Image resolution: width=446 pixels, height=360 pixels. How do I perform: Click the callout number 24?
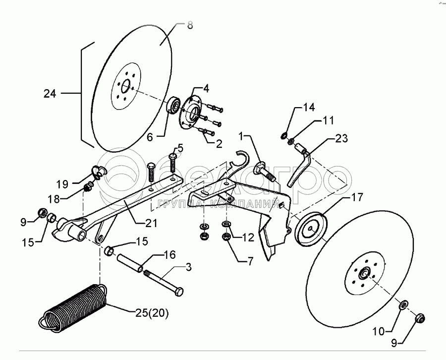coord(50,94)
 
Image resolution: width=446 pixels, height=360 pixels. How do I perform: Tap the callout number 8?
coord(190,25)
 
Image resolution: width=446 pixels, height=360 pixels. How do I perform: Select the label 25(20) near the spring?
coord(152,313)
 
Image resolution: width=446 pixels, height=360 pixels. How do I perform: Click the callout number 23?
coord(341,138)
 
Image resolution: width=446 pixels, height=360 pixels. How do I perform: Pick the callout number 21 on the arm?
coord(151,223)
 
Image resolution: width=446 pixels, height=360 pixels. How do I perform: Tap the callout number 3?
coord(189,267)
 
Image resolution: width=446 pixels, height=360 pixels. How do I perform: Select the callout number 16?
coord(169,254)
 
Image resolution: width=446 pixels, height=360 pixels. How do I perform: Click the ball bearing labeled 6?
coord(172,106)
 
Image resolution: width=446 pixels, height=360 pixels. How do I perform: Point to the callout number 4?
coord(206,88)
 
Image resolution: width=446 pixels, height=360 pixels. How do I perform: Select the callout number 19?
coord(62,184)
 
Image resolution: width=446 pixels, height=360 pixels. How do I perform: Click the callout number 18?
coord(53,199)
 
